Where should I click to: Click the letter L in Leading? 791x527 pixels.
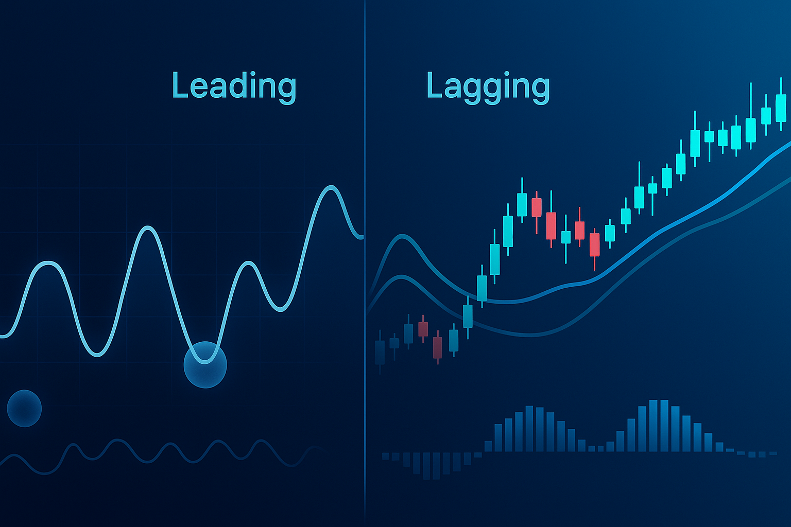coord(179,84)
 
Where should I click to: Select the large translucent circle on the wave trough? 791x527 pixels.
coord(205,365)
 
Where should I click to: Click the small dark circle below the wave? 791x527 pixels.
coord(24,409)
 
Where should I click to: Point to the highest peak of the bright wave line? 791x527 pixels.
coord(331,187)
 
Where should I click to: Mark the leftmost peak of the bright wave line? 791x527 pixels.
coord(48,263)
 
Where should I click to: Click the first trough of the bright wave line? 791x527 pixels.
coord(97,355)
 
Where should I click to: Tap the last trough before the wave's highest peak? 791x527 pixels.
coord(280,310)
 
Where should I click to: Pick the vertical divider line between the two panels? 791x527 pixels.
coord(365,263)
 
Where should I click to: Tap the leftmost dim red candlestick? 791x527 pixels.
coord(423,329)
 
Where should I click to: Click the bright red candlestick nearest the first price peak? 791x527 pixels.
coord(537,207)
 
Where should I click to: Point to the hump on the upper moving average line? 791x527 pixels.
coord(402,237)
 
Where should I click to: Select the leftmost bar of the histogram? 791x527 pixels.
coord(385,456)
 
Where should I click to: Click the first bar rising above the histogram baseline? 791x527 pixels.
coord(488,446)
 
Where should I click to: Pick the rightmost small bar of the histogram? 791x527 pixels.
coord(773,453)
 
